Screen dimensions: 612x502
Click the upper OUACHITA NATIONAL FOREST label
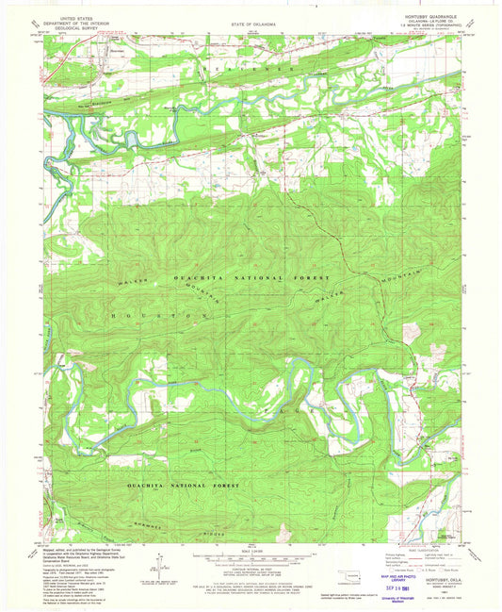point(251,280)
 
